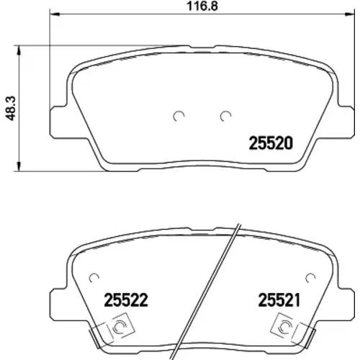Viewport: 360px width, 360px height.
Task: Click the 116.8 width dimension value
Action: pyautogui.click(x=202, y=6)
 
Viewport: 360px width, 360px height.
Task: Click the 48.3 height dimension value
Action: pyautogui.click(x=11, y=108)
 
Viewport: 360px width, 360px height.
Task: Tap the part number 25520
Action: pyautogui.click(x=271, y=143)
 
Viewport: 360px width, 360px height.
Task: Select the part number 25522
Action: pyautogui.click(x=126, y=300)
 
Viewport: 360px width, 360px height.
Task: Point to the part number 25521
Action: pyautogui.click(x=279, y=300)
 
